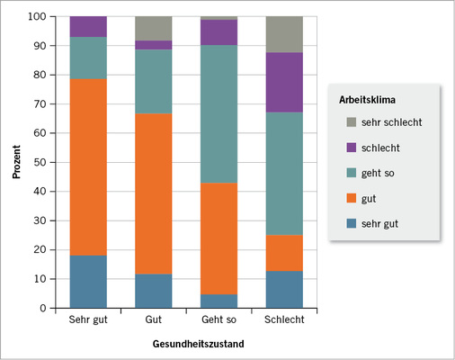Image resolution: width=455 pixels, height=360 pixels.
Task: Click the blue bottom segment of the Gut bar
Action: point(154,291)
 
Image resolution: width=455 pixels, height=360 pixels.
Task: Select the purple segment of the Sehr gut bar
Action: point(88,26)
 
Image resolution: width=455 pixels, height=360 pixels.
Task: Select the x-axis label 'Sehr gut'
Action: point(88,320)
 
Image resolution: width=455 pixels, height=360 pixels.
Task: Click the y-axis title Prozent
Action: point(15,162)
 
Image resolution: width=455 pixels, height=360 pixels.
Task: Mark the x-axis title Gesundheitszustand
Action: point(188,343)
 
